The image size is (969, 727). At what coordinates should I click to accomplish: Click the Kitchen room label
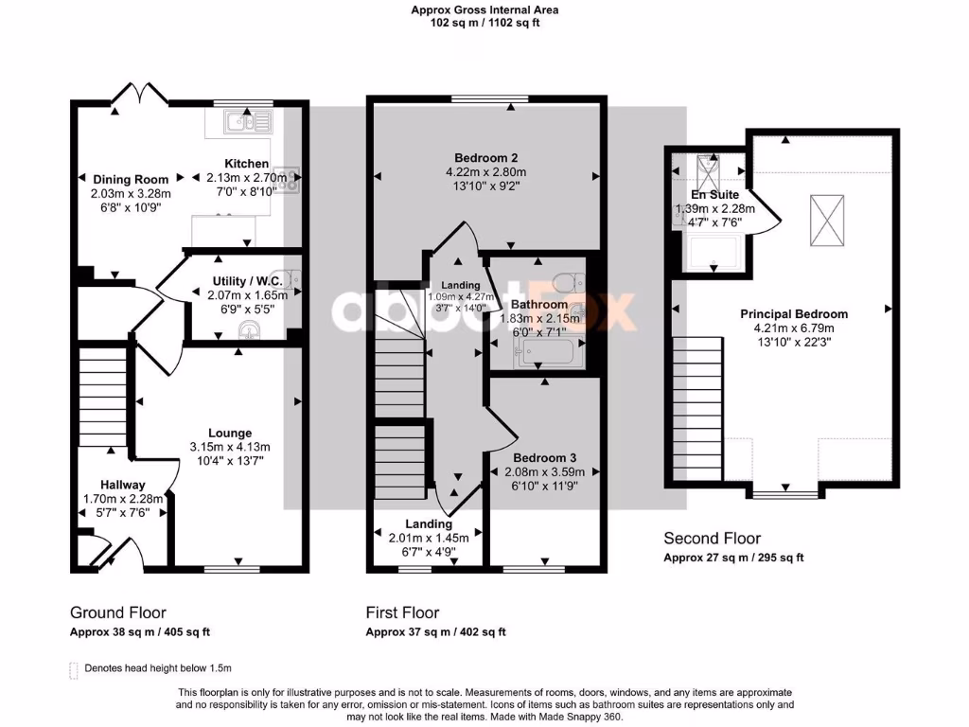[x=246, y=164]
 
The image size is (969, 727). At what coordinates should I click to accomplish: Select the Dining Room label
[x=131, y=179]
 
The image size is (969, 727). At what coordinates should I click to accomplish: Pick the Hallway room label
[x=123, y=485]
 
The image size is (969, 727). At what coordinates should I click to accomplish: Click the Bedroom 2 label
[x=485, y=157]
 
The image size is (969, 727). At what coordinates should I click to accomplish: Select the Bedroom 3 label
[x=539, y=457]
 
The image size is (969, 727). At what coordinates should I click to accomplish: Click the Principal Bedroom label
[x=793, y=314]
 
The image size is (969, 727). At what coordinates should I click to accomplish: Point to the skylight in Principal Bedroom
[x=827, y=222]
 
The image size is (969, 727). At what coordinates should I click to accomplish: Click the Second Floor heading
[x=712, y=539]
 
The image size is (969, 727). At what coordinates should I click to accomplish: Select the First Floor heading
[x=402, y=612]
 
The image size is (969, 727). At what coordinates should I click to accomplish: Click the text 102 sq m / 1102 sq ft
[x=484, y=24]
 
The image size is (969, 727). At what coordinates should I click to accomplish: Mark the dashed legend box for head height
[x=74, y=669]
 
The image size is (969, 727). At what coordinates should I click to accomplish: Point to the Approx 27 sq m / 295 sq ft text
[x=732, y=558]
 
